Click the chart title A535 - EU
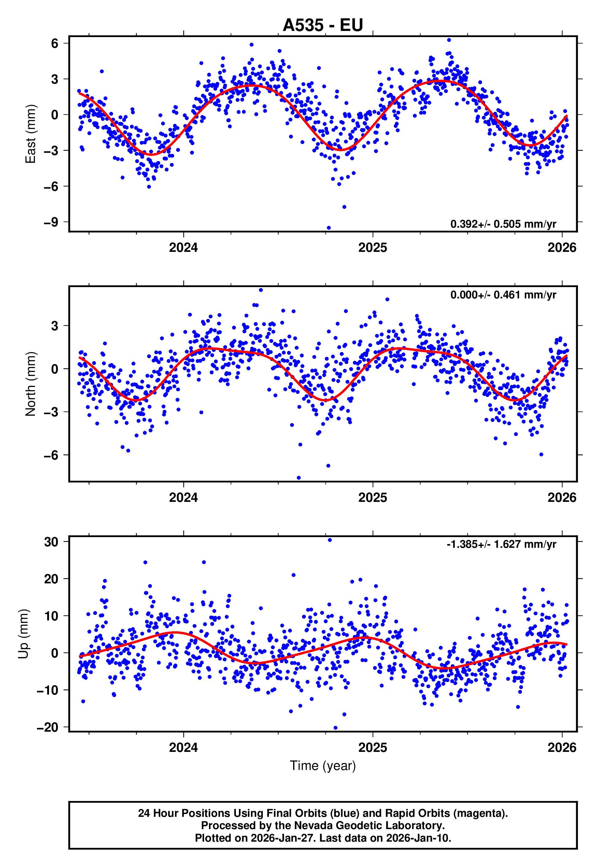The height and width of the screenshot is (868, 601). (323, 25)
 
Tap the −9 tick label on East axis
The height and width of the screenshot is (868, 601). (51, 222)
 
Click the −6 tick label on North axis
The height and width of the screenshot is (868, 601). (51, 455)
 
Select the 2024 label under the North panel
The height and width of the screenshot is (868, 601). (183, 498)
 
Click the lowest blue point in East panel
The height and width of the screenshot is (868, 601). (329, 228)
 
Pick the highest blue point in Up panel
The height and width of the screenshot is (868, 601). (330, 540)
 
